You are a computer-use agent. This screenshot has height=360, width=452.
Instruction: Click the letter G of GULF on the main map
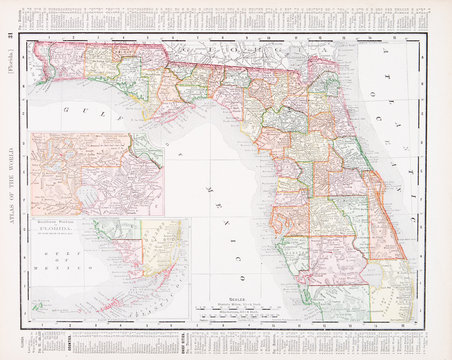66,107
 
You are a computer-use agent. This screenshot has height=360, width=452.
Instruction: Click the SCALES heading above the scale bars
236,297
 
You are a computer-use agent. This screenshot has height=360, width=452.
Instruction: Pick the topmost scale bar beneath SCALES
237,305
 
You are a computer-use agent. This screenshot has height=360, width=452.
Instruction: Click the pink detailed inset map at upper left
95,175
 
